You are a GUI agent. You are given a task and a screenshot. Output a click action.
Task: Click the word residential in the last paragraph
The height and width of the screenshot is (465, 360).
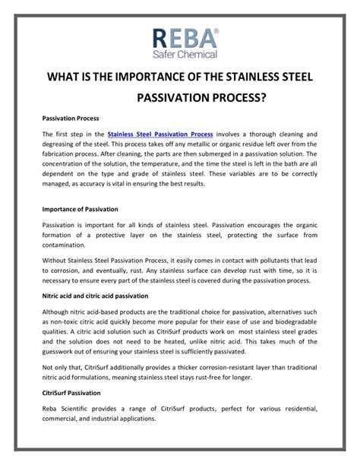pos(297,409)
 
